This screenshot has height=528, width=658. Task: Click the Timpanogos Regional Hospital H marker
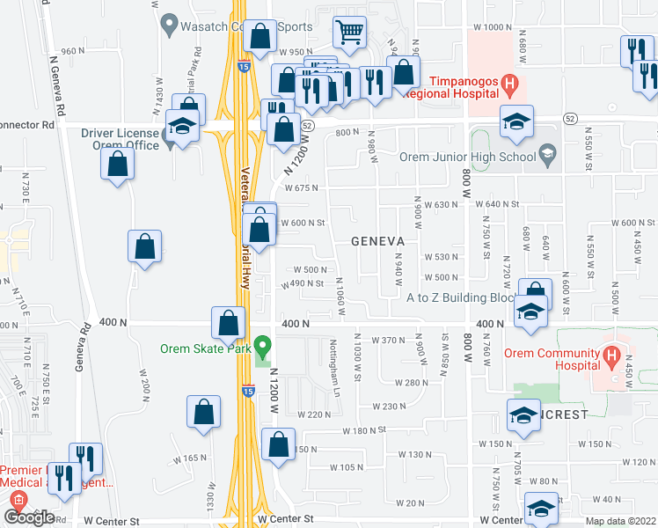(509, 85)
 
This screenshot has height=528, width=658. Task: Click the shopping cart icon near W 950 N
(349, 33)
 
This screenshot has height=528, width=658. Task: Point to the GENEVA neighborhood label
(377, 241)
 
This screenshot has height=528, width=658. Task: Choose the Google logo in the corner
(29, 517)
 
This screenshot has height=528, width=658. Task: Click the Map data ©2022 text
(621, 521)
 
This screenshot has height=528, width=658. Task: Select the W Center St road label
(286, 519)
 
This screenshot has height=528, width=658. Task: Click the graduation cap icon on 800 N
(516, 121)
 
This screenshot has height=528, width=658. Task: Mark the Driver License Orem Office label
(121, 139)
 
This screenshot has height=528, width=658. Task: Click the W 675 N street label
(300, 187)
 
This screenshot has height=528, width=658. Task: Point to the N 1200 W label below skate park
(274, 392)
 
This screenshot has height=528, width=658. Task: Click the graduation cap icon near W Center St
(540, 508)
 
